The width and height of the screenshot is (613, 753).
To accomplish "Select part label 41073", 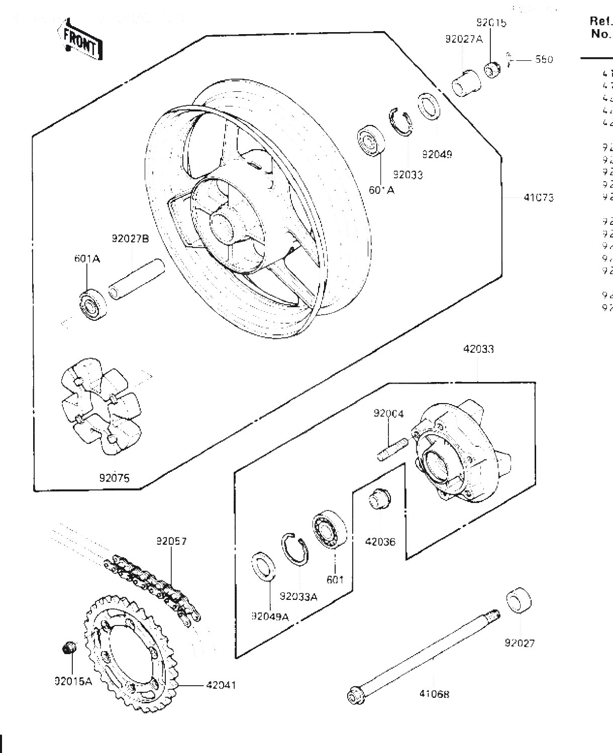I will pos(538,198).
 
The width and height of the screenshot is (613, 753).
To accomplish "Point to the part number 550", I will pos(544,60).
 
